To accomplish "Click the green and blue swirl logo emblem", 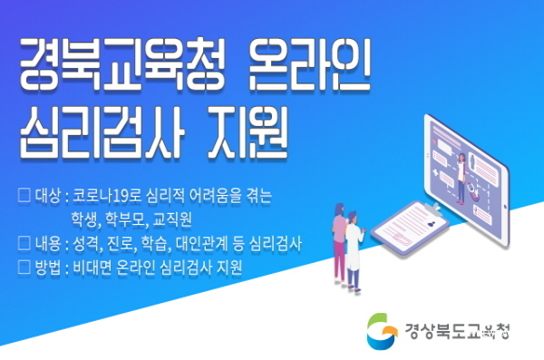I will click(382, 330).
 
